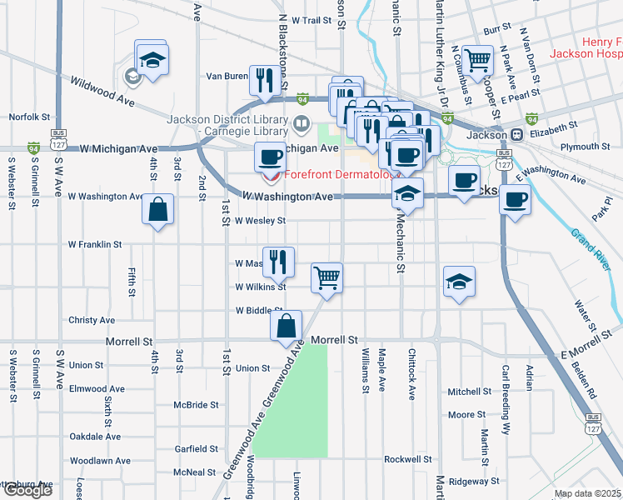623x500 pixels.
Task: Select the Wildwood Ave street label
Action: coord(102,92)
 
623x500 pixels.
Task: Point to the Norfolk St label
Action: coord(30,117)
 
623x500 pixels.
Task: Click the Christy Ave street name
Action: coord(92,320)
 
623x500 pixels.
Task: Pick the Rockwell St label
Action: coord(408,459)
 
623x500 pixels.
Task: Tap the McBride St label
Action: coord(196,405)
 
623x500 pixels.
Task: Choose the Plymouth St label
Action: coord(585,147)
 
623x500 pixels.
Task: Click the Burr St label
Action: coord(496,28)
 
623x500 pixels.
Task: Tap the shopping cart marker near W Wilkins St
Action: coord(327,277)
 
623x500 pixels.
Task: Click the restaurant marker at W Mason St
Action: coord(278,261)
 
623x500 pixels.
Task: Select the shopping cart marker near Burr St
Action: coord(477,58)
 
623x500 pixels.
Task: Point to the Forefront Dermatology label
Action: coord(342,175)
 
